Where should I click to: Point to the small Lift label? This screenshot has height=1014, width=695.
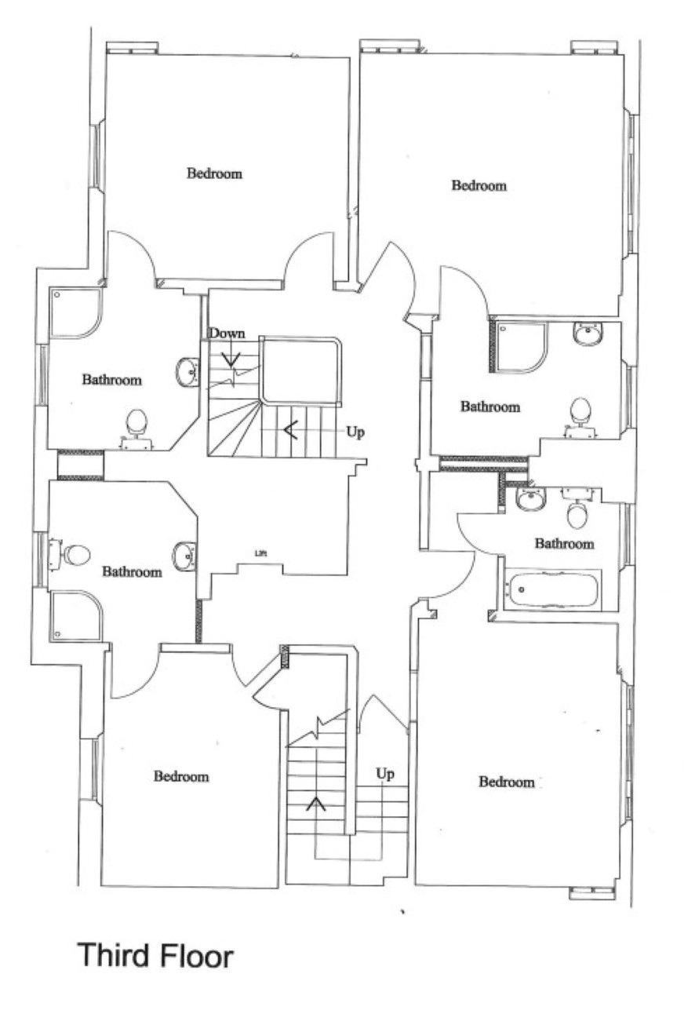(260, 553)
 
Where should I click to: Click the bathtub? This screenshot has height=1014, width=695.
(552, 589)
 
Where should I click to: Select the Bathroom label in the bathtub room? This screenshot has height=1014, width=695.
(564, 543)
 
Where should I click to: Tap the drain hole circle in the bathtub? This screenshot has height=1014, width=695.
(521, 589)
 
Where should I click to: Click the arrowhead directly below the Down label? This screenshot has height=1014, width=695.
(231, 360)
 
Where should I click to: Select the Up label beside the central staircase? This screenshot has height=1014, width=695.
(355, 432)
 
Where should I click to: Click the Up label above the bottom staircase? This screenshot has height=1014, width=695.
(385, 774)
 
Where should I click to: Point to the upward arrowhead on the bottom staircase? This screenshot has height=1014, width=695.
(316, 803)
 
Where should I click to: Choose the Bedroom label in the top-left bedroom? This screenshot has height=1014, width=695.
(214, 173)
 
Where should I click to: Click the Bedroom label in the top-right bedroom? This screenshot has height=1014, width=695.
(479, 185)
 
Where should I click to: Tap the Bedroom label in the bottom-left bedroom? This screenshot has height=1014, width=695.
(181, 777)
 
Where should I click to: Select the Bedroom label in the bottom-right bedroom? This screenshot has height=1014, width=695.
(507, 782)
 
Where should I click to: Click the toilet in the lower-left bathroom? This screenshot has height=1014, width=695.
(71, 554)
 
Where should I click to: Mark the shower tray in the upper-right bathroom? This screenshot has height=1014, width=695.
(522, 347)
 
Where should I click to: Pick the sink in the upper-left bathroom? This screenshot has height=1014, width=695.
(187, 372)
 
